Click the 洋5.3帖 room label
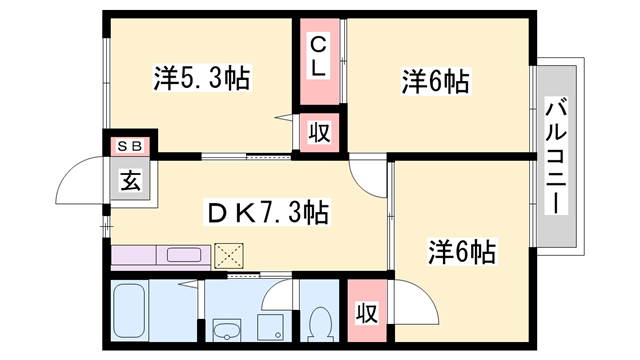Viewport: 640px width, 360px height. coord(202,76)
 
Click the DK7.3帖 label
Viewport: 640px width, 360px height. coord(268,213)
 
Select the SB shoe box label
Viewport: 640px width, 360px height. coord(130,147)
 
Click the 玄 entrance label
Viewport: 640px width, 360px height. coord(130,181)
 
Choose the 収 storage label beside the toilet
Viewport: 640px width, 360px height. coord(367,312)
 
